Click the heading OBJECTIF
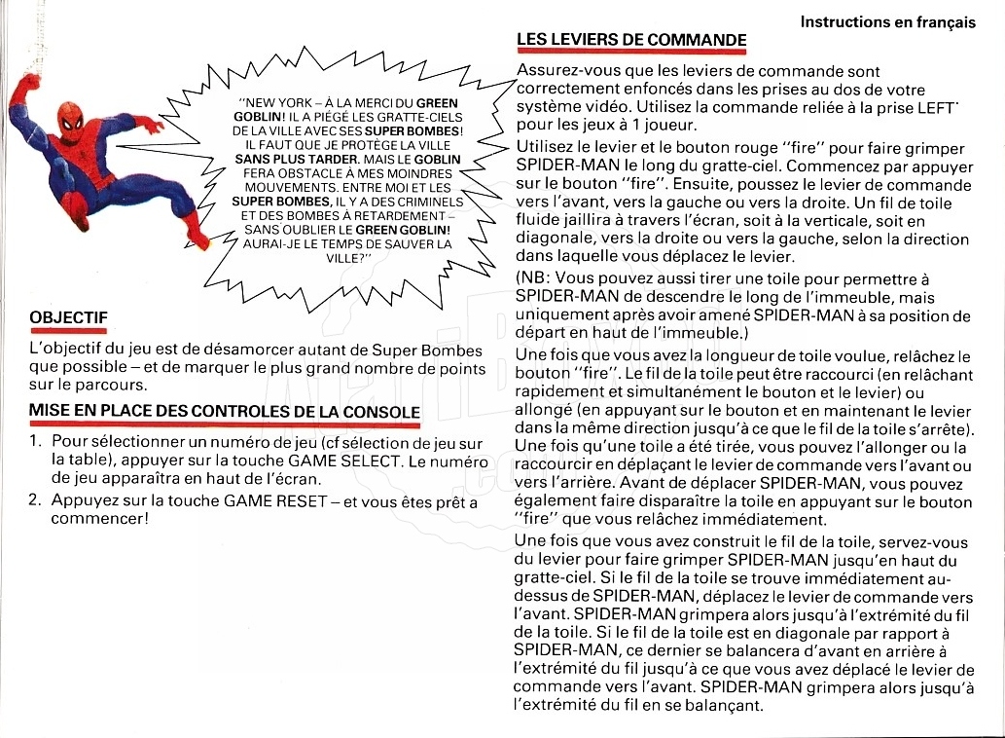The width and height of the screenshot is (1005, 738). point(68,317)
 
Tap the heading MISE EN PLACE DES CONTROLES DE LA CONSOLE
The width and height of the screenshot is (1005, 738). point(225,411)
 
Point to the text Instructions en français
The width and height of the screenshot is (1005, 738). point(887,21)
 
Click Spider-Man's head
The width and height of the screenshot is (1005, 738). point(69,120)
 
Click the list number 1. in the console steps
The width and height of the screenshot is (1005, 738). point(36,444)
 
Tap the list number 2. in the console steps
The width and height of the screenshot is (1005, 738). point(36,502)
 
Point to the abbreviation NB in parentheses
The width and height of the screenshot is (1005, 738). point(533,278)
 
